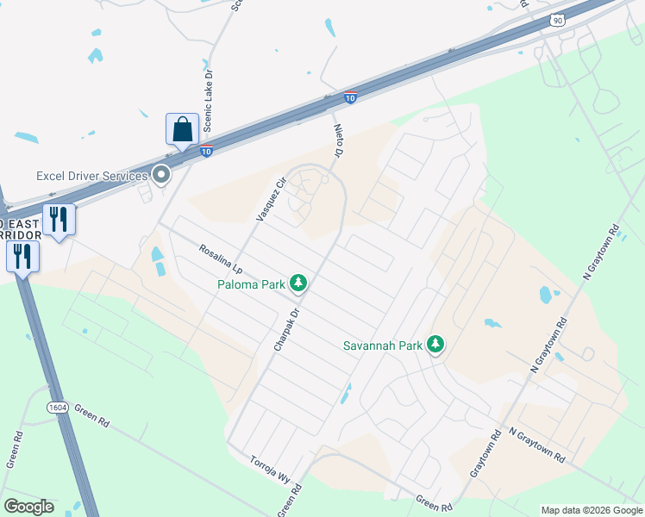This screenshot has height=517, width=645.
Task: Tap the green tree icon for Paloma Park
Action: tap(298, 282)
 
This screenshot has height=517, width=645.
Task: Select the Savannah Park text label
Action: tap(381, 346)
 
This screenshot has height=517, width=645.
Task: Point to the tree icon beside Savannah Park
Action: tap(435, 345)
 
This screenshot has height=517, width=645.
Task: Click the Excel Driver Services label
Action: tap(91, 176)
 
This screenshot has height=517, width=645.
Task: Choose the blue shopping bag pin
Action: tap(182, 130)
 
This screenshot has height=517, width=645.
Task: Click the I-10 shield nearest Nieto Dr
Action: tap(350, 97)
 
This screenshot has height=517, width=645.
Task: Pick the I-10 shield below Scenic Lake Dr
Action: tap(207, 152)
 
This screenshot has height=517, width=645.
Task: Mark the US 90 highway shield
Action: tap(558, 20)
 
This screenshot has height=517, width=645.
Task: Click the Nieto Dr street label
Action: tap(338, 140)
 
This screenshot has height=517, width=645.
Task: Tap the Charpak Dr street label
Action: tap(285, 330)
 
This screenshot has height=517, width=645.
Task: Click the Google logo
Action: tap(28, 507)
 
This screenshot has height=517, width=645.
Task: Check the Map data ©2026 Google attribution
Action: tap(592, 510)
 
